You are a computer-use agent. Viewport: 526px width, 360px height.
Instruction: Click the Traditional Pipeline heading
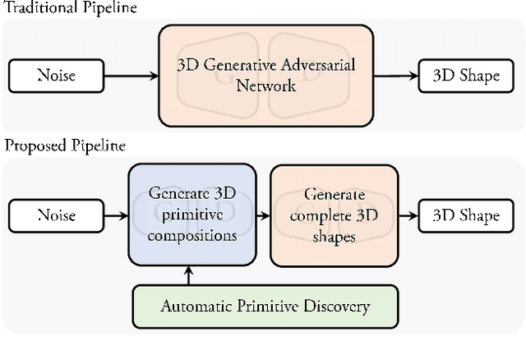(x=69, y=8)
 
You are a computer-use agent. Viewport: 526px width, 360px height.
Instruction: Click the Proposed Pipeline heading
(x=65, y=147)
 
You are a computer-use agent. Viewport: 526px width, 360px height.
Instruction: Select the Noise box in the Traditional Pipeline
(x=56, y=76)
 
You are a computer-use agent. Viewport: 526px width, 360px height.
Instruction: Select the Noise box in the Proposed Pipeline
(x=56, y=216)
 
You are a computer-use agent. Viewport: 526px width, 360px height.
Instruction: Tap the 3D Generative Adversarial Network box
(x=265, y=76)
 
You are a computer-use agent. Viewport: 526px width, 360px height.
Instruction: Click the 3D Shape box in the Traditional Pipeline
(x=466, y=76)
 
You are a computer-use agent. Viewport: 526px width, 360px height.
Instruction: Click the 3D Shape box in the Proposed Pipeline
(x=466, y=216)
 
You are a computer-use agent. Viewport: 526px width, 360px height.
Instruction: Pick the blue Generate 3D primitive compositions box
(x=192, y=215)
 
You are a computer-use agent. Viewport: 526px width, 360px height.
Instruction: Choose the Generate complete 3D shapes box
(x=334, y=215)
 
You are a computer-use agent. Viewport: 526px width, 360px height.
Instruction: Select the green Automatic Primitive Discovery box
(x=265, y=307)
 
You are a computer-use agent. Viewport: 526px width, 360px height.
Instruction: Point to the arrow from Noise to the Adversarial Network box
(x=131, y=76)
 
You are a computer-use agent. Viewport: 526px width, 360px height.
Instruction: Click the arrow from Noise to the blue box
(x=116, y=216)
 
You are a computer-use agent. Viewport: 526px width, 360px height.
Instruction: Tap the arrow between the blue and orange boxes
(x=263, y=216)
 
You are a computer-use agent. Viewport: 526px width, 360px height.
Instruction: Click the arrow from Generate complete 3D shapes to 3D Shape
(x=408, y=216)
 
